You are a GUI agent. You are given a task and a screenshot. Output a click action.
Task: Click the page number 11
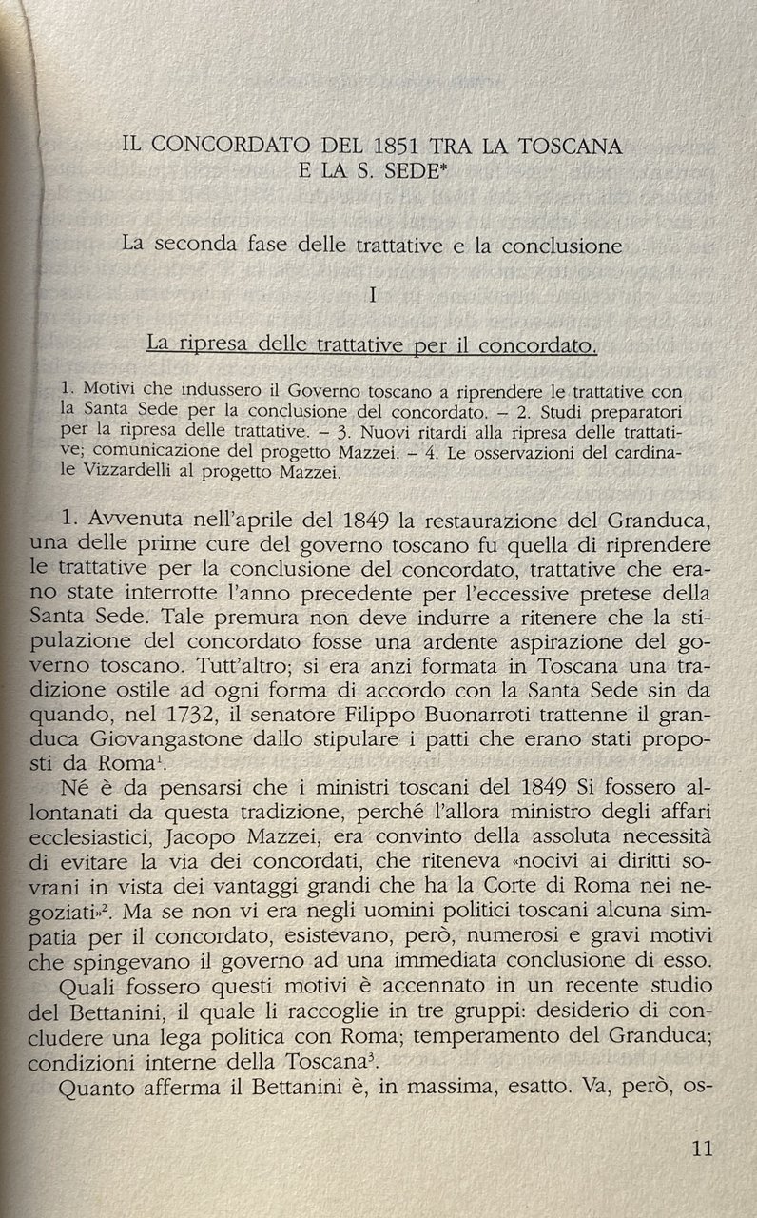703,1148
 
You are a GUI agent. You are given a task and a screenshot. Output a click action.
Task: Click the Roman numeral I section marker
374,295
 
